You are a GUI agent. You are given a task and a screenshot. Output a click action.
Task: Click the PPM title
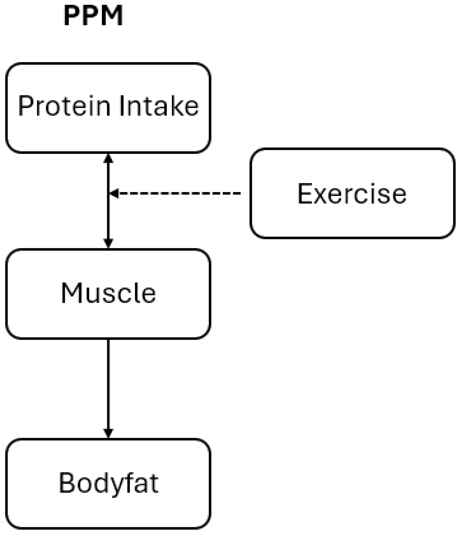click(x=93, y=16)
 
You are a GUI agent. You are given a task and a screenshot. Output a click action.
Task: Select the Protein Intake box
click(x=108, y=108)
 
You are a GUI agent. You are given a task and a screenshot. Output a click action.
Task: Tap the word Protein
click(x=64, y=106)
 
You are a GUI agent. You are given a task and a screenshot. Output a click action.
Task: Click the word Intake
click(x=159, y=106)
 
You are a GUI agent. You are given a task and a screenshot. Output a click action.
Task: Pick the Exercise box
click(x=353, y=193)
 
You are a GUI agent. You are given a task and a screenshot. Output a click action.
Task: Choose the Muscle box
click(x=108, y=294)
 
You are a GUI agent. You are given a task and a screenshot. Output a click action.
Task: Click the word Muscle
click(x=108, y=293)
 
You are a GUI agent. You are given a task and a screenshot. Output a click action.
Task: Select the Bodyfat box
click(x=108, y=484)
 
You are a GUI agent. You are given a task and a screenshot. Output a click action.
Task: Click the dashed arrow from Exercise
click(x=175, y=193)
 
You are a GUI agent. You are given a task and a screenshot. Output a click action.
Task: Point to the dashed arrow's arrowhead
click(x=114, y=193)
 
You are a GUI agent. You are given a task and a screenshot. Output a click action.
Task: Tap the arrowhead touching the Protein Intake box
click(x=108, y=158)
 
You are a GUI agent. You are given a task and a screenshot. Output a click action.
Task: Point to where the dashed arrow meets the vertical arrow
click(x=109, y=193)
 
